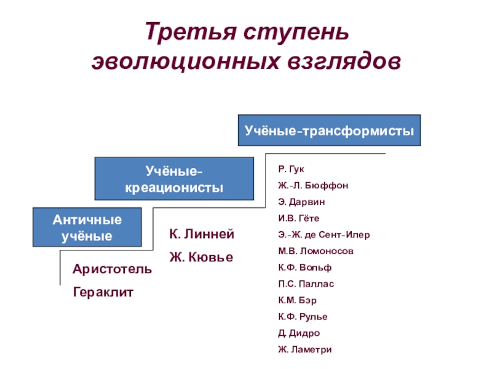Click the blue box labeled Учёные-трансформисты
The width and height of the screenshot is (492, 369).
click(x=329, y=130)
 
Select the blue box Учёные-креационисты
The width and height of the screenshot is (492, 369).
click(x=174, y=178)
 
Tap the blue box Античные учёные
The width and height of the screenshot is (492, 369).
click(x=87, y=228)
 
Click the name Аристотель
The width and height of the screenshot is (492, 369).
click(x=112, y=269)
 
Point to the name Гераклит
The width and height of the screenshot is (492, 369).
click(x=103, y=293)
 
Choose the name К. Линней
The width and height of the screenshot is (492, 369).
click(x=202, y=234)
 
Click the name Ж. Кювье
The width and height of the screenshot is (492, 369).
click(x=201, y=258)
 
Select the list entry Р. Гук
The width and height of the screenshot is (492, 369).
click(x=291, y=169)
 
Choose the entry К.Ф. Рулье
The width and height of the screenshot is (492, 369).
click(x=303, y=317)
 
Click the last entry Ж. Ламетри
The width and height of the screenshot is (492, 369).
click(x=304, y=349)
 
